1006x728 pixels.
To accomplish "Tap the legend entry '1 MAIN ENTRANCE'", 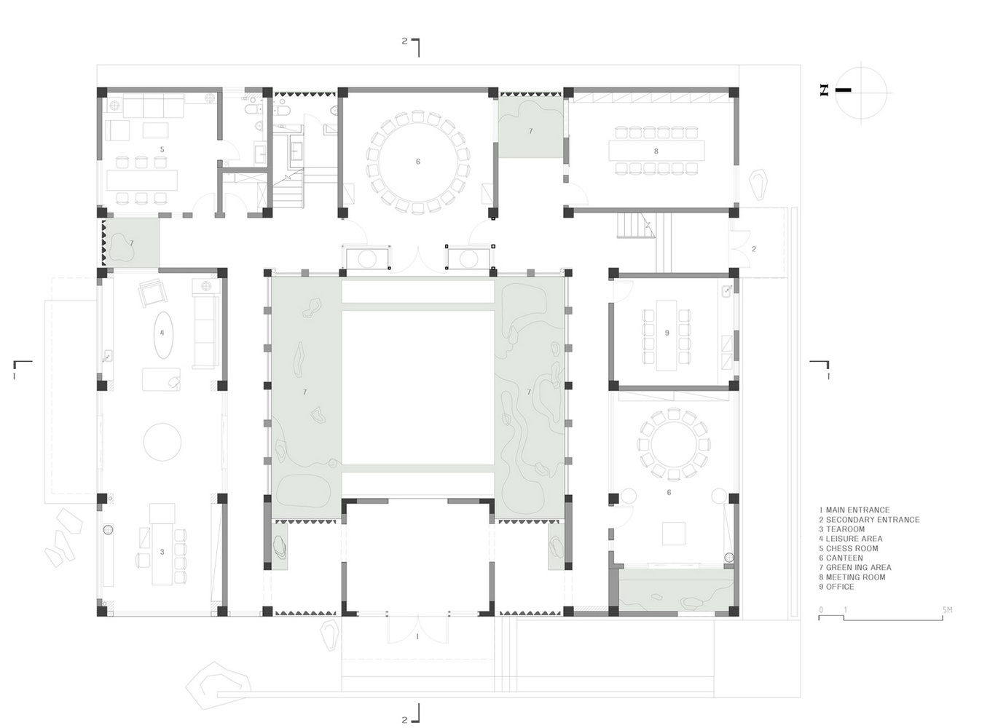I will pos(854,510).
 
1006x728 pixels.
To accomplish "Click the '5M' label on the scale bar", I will pos(947,610).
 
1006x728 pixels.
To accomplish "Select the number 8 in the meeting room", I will pos(656,151).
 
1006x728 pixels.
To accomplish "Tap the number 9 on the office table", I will pos(667,333).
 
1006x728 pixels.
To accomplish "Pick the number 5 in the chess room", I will pos(162,150).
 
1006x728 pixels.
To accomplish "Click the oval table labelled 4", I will pos(162,334).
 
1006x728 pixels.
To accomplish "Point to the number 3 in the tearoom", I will pos(162,552).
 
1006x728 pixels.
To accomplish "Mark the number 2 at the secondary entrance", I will pos(754,249).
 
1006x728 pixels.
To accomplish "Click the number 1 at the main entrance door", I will pos(417,636).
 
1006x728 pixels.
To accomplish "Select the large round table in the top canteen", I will pos(417,162).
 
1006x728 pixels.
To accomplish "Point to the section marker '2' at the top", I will pos(405,41).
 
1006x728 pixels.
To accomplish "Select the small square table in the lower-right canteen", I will pos(673,533).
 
